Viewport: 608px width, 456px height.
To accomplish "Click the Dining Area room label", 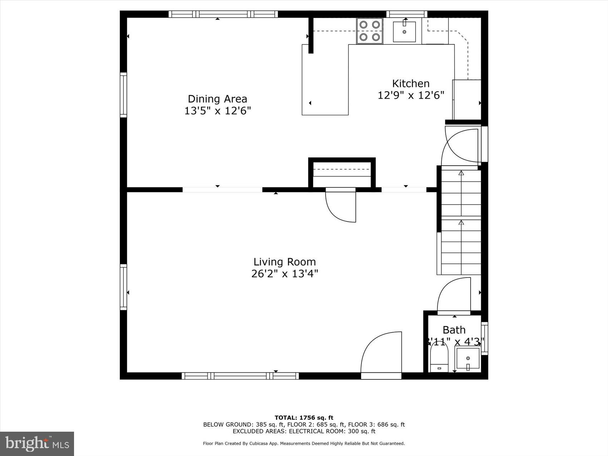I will click(x=217, y=99).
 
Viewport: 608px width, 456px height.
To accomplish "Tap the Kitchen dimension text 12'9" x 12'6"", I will click(x=411, y=95).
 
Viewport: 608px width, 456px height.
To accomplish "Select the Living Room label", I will click(x=285, y=262).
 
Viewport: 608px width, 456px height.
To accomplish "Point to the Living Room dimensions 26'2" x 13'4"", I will click(x=285, y=274).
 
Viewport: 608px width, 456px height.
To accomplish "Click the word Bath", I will click(x=454, y=330).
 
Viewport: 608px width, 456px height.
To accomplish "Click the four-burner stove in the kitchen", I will click(x=369, y=31).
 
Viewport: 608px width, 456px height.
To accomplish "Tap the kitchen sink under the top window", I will click(x=404, y=32).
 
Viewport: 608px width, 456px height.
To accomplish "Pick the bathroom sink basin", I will click(x=467, y=359).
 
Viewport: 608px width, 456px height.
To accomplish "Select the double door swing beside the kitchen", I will click(x=460, y=147).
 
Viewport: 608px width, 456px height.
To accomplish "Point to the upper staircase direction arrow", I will click(x=461, y=173).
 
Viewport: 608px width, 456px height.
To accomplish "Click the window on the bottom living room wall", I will click(x=240, y=376).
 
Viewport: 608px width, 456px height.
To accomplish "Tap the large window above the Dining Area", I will click(x=223, y=14).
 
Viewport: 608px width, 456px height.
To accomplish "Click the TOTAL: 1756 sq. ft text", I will click(x=304, y=417).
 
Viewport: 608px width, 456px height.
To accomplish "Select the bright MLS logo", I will click(x=37, y=444).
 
